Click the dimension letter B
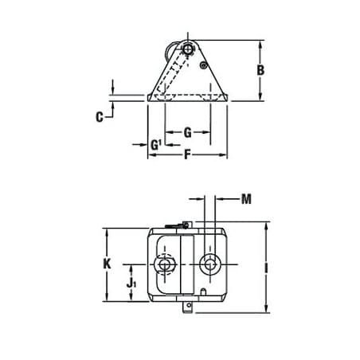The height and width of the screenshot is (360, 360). pyautogui.click(x=260, y=70)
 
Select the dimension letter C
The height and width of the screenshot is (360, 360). pyautogui.click(x=100, y=117)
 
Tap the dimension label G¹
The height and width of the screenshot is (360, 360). pyautogui.click(x=156, y=145)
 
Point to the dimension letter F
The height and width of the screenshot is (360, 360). pyautogui.click(x=187, y=155)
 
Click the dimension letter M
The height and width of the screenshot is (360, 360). pyautogui.click(x=246, y=199)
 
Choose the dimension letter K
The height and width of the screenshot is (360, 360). pyautogui.click(x=107, y=264)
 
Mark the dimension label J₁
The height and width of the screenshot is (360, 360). pyautogui.click(x=131, y=284)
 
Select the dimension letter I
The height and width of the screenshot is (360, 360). pyautogui.click(x=266, y=268)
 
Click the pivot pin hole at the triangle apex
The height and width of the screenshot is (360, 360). pyautogui.click(x=188, y=49)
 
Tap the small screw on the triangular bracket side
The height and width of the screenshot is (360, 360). pyautogui.click(x=204, y=65)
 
